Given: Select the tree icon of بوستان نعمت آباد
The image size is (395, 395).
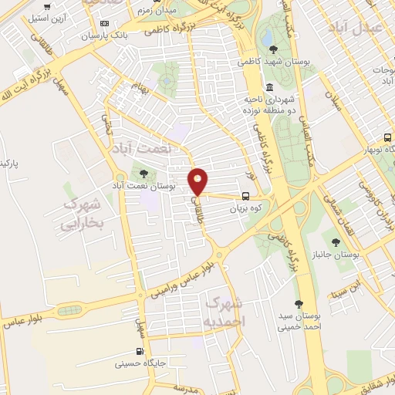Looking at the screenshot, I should (142, 172).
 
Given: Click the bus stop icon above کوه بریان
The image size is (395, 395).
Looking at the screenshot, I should (245, 196).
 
